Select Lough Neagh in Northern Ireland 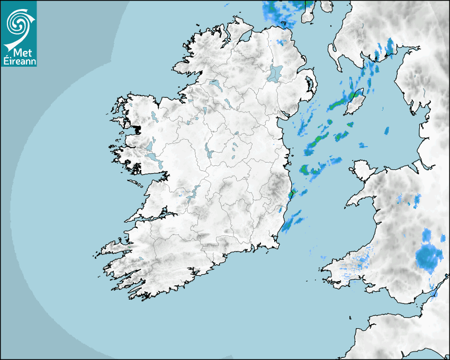click(x=275, y=73)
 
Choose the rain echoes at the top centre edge click(x=281, y=12)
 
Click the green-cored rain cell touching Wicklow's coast click(x=290, y=195)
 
